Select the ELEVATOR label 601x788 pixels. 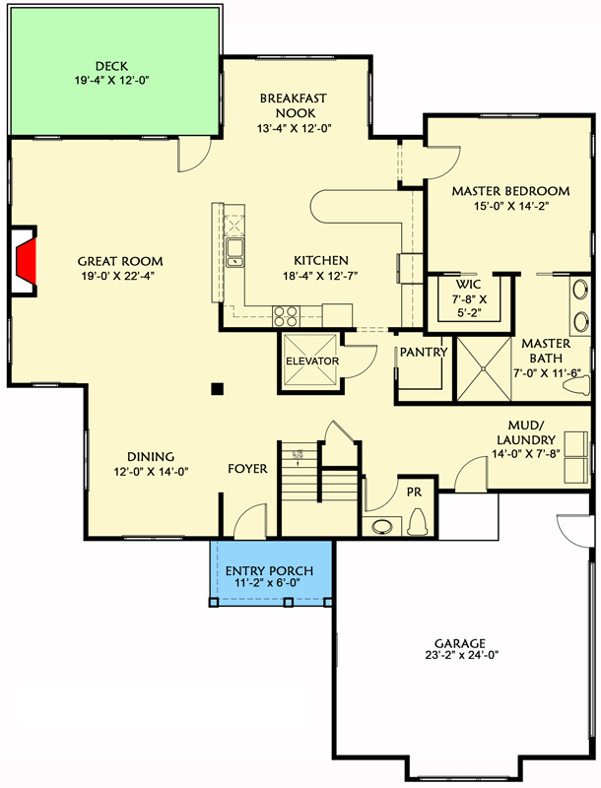coord(311,361)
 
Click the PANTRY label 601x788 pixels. coord(424,352)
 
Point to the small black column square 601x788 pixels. coord(217,388)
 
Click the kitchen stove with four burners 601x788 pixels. coord(285,315)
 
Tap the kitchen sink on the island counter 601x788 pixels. coord(235,252)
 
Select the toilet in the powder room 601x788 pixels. coord(417,520)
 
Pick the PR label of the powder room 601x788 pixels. coord(414,487)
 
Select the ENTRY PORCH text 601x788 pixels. coord(269,571)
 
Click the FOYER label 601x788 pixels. coord(247,469)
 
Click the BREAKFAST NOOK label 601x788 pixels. coord(293,105)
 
